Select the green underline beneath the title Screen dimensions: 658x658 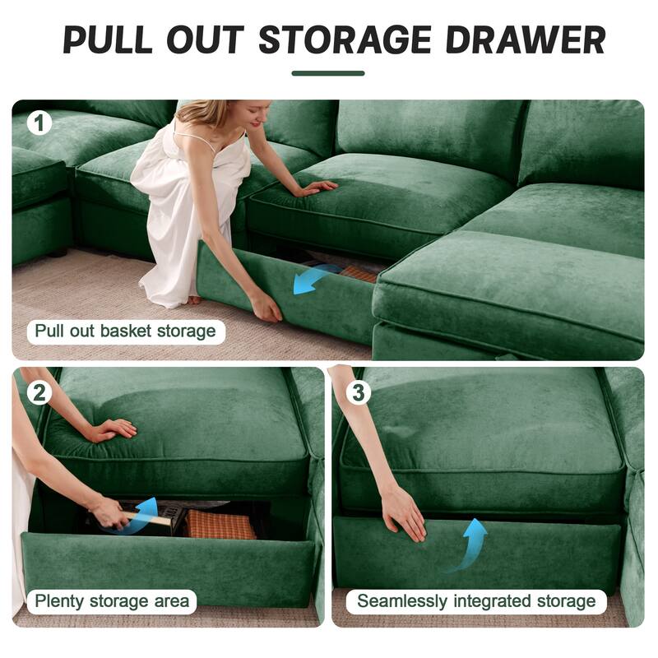click(x=328, y=73)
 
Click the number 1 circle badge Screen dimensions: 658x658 click(x=39, y=123)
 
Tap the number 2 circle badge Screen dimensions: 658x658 click(x=39, y=391)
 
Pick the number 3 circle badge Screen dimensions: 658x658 click(x=357, y=392)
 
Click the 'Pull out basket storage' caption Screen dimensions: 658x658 click(x=125, y=332)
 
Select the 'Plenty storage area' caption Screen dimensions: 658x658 click(x=112, y=601)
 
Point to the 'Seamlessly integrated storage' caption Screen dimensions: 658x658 click(x=476, y=601)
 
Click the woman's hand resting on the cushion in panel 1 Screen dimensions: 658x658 click(x=317, y=188)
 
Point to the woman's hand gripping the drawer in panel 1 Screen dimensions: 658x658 click(x=266, y=307)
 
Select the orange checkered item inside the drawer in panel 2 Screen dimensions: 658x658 click(x=220, y=526)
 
